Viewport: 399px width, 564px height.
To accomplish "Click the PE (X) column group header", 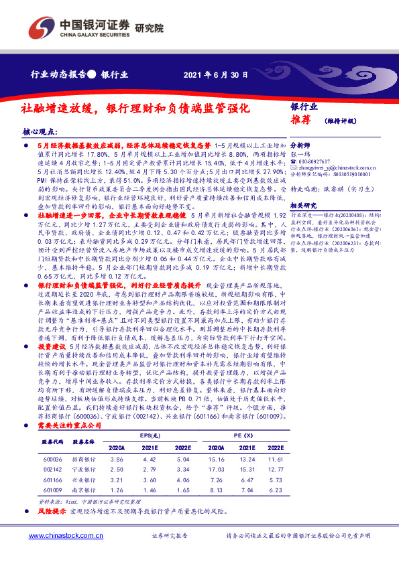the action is click(247, 436).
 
